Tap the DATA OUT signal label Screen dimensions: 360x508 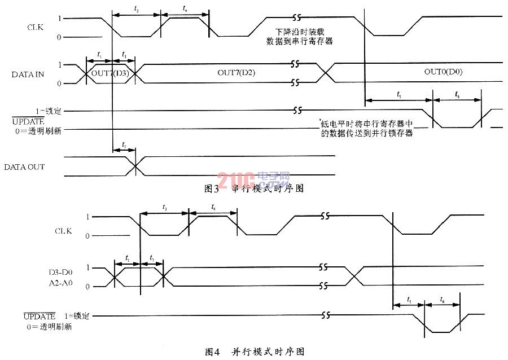(24, 167)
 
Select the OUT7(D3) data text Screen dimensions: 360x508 (111, 73)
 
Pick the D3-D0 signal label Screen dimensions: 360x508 (60, 273)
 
